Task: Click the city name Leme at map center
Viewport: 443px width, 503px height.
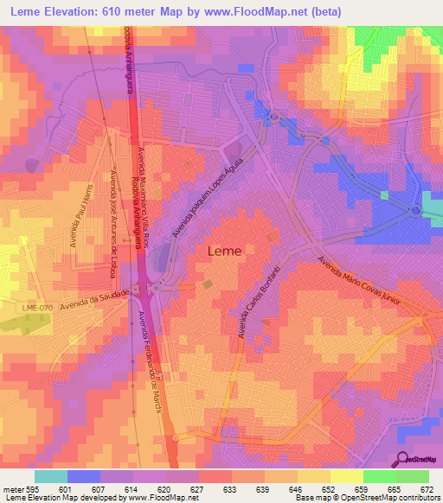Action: (x=226, y=251)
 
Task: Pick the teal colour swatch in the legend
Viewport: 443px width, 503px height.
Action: (x=51, y=476)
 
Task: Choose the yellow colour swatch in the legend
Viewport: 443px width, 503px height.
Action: (x=346, y=476)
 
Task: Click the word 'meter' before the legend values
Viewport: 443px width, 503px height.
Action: (x=13, y=489)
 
